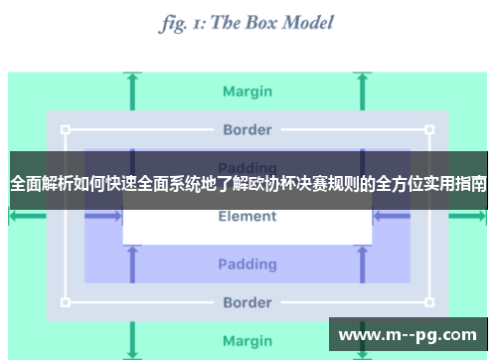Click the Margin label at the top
[x=248, y=91]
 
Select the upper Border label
[x=248, y=129]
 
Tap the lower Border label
[x=248, y=301]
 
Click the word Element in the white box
[x=248, y=217]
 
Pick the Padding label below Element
[x=248, y=264]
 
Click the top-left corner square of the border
[x=66, y=129]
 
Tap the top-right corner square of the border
[x=429, y=129]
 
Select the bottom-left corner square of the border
[x=66, y=301]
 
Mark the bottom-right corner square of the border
[x=429, y=301]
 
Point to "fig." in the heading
[x=175, y=22]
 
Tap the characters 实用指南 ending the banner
[x=455, y=185]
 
